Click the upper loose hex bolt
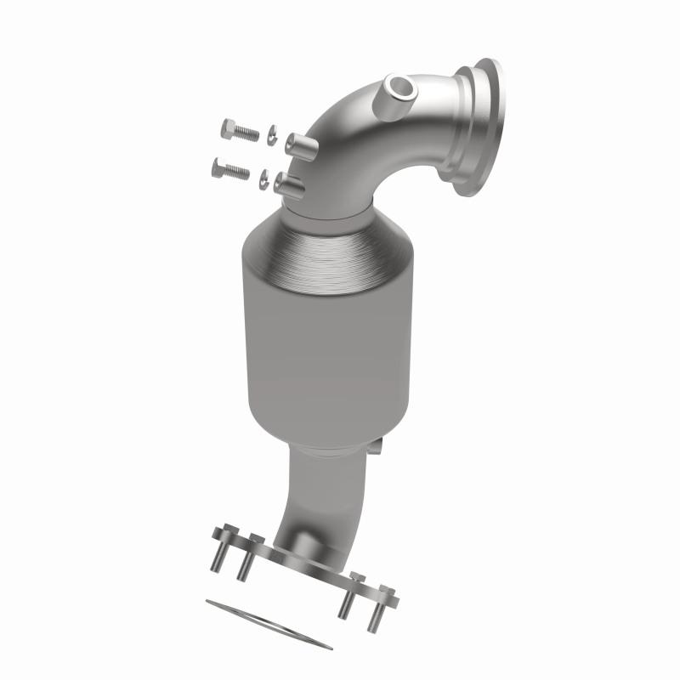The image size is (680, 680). click(239, 132)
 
